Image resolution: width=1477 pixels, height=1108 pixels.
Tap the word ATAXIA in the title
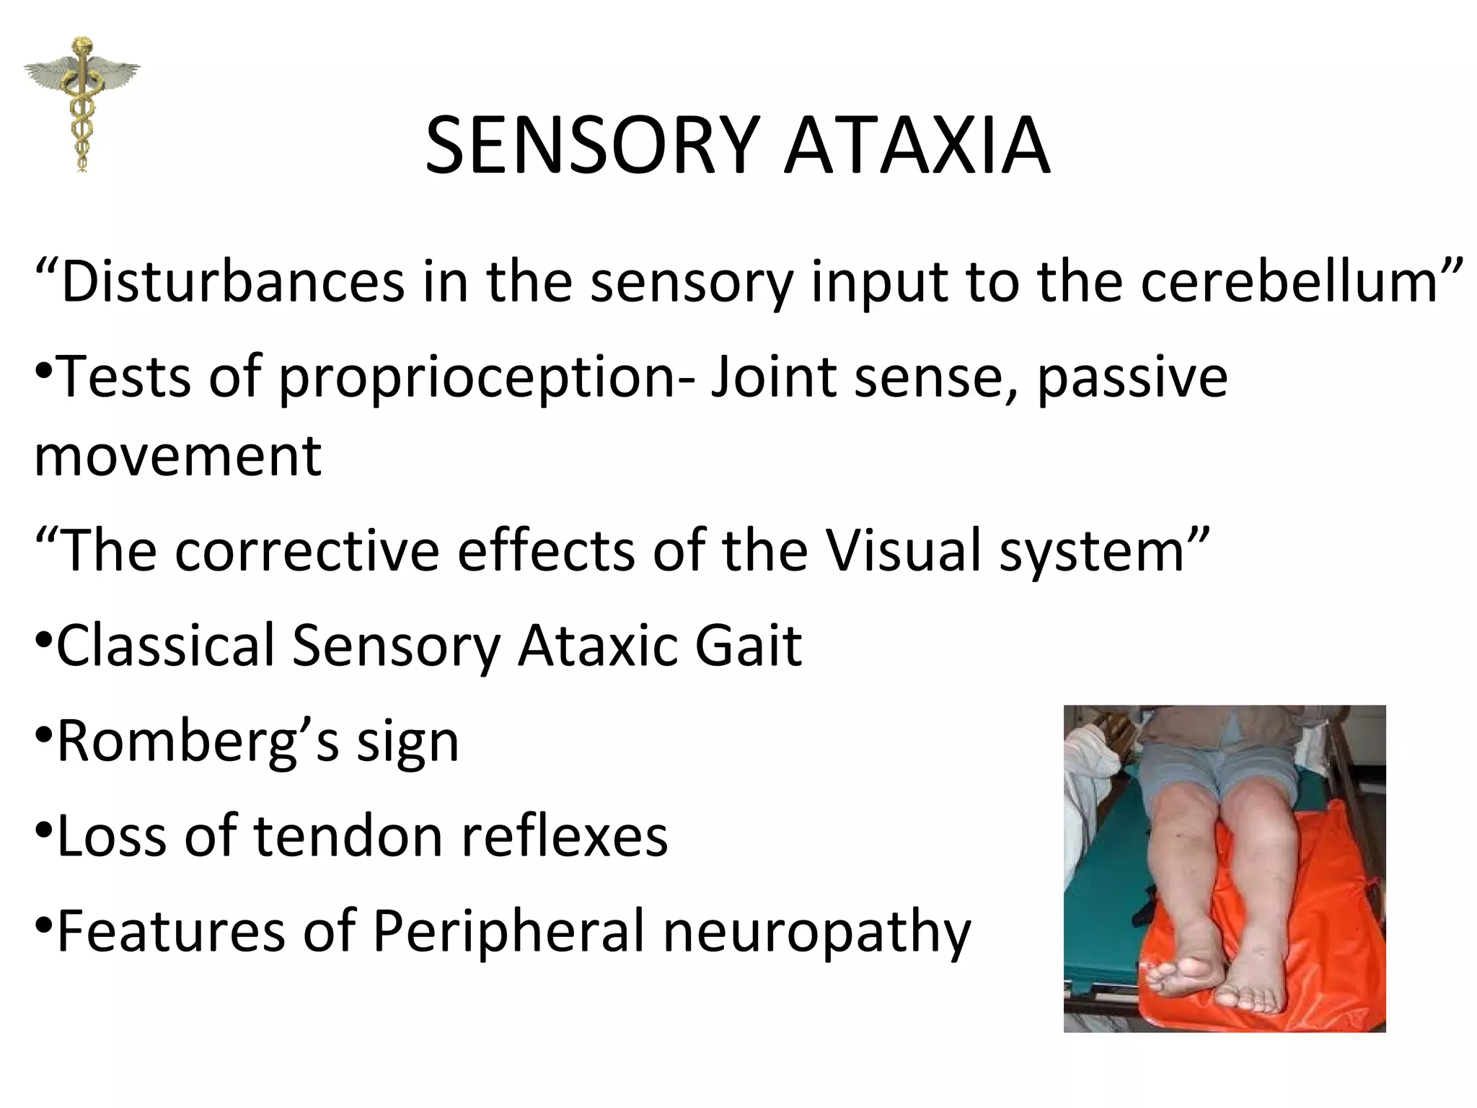pyautogui.click(x=917, y=146)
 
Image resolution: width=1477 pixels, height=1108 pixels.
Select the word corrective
pyautogui.click(x=307, y=550)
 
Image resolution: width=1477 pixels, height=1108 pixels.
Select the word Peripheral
pyautogui.click(x=509, y=932)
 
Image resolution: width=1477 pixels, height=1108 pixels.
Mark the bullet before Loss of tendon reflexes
pyautogui.click(x=43, y=832)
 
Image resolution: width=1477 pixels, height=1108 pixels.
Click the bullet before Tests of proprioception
pyautogui.click(x=43, y=373)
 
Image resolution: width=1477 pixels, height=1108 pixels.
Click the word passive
pyautogui.click(x=1132, y=379)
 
